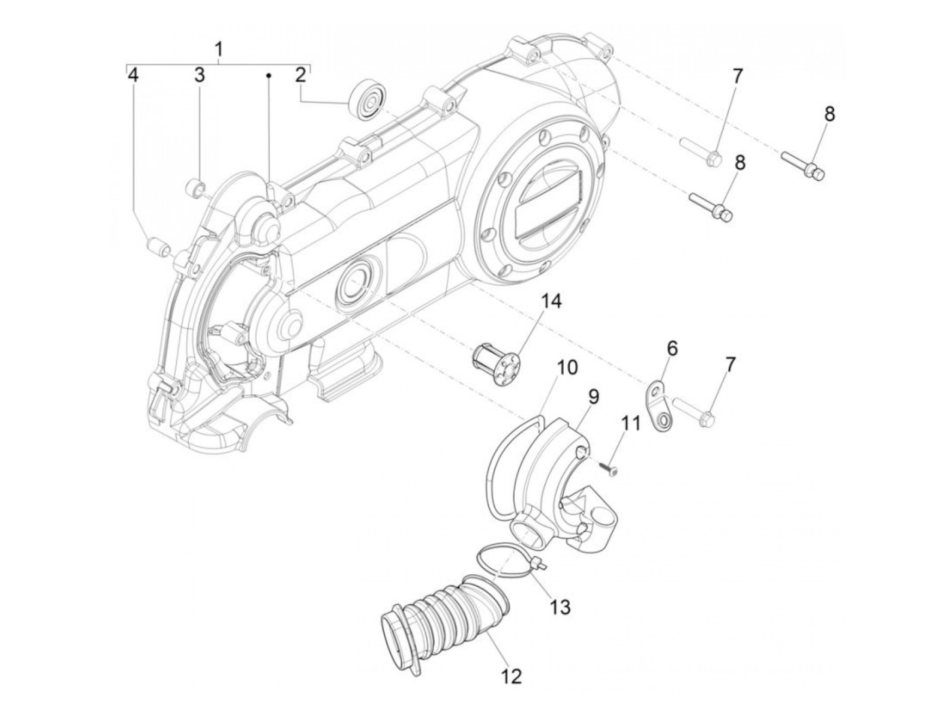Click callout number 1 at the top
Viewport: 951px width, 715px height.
click(x=219, y=49)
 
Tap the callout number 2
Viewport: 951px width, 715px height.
click(x=300, y=75)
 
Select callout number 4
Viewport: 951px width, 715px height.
click(x=134, y=75)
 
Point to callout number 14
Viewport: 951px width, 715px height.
click(x=551, y=302)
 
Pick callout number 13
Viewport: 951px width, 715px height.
click(x=560, y=605)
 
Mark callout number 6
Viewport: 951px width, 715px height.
click(x=672, y=349)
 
